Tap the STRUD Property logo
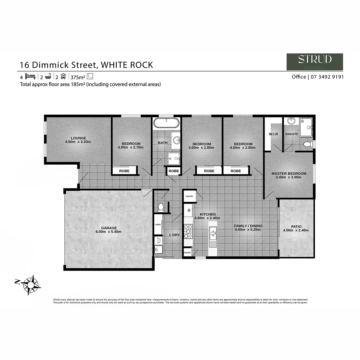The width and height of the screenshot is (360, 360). coord(315,62)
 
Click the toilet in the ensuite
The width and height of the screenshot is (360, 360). coord(309,144)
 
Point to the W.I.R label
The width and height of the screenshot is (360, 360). coord(273,134)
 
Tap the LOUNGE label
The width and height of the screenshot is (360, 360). coord(78,138)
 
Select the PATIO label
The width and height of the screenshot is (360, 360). coord(296,227)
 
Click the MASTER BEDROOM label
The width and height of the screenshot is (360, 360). coord(289,174)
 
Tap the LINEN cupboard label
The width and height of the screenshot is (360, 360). coord(158,224)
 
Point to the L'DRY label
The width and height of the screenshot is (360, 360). coord(174,235)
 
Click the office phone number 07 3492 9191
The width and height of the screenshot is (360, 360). coord(327,77)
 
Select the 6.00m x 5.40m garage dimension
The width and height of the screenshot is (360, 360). coord(109,232)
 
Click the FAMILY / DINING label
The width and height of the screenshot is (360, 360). coord(248,226)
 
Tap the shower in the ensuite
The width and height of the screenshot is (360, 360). coord(306,127)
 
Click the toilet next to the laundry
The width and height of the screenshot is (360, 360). coord(161,207)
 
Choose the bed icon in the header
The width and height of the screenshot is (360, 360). coord(30,76)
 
